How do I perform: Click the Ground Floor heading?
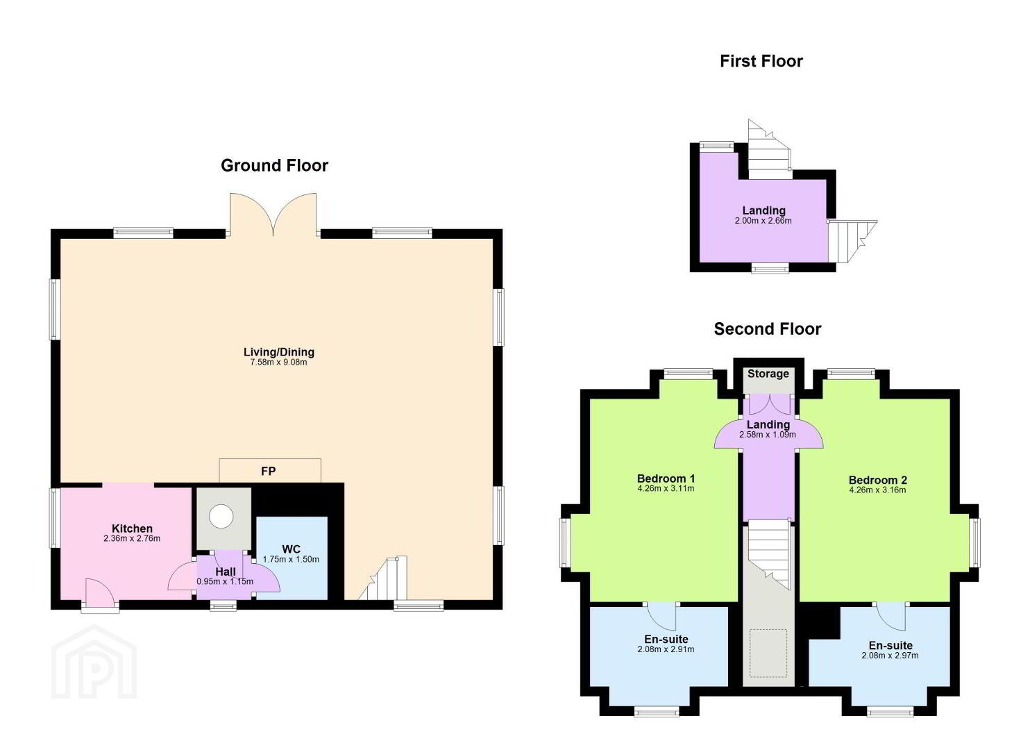275,166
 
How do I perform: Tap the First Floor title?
761,61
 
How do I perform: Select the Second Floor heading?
768,329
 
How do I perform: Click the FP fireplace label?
269,471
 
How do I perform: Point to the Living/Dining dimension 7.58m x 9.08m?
278,362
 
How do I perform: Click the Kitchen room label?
132,528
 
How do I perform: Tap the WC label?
291,549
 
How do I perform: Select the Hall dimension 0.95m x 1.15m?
225,581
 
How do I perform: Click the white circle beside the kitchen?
221,516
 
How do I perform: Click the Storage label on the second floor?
768,374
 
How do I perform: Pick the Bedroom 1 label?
666,478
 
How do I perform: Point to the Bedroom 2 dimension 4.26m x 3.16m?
877,490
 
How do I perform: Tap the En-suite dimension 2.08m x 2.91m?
666,649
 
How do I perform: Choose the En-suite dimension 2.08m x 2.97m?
890,656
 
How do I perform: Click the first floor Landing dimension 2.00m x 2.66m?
763,220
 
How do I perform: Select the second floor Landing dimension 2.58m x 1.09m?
768,434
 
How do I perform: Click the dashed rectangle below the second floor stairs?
768,653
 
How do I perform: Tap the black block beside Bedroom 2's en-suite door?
821,622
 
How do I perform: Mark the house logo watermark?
94,661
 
